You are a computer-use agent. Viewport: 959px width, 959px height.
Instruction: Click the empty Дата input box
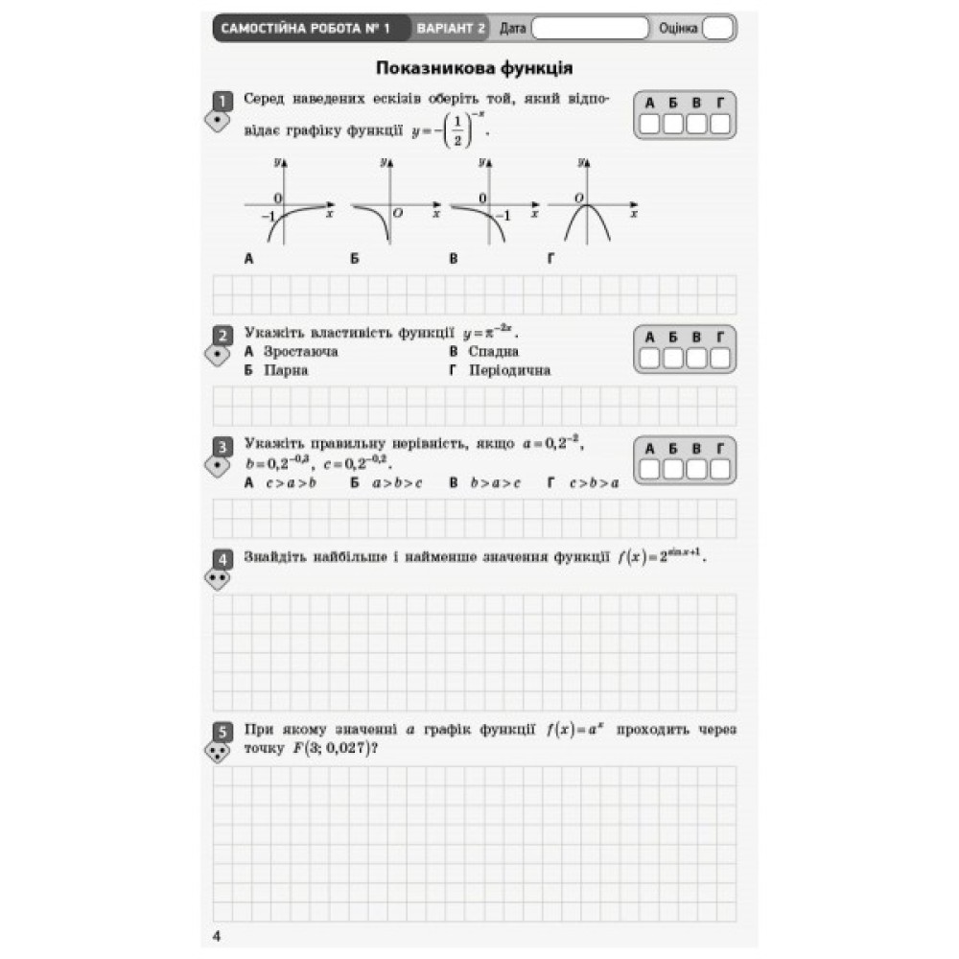point(589,29)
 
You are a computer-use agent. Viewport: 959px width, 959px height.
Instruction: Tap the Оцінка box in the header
point(717,29)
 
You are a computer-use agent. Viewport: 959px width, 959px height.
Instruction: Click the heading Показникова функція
point(475,68)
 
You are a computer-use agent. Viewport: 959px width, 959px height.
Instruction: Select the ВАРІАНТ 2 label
point(450,29)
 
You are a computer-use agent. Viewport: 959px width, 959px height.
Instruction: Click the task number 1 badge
point(222,101)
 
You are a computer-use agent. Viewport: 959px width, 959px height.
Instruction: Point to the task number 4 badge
point(222,558)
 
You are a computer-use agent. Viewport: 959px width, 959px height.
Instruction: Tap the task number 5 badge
point(222,732)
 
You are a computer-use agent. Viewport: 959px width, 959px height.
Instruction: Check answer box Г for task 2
point(719,358)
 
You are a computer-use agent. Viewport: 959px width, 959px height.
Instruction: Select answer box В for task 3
point(696,469)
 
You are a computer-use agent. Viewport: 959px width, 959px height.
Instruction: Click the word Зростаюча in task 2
point(300,352)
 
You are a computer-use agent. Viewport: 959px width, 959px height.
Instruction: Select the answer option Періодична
point(509,370)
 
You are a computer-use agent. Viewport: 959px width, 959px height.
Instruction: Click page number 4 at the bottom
point(217,936)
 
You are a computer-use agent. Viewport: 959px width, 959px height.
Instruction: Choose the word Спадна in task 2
point(493,352)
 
